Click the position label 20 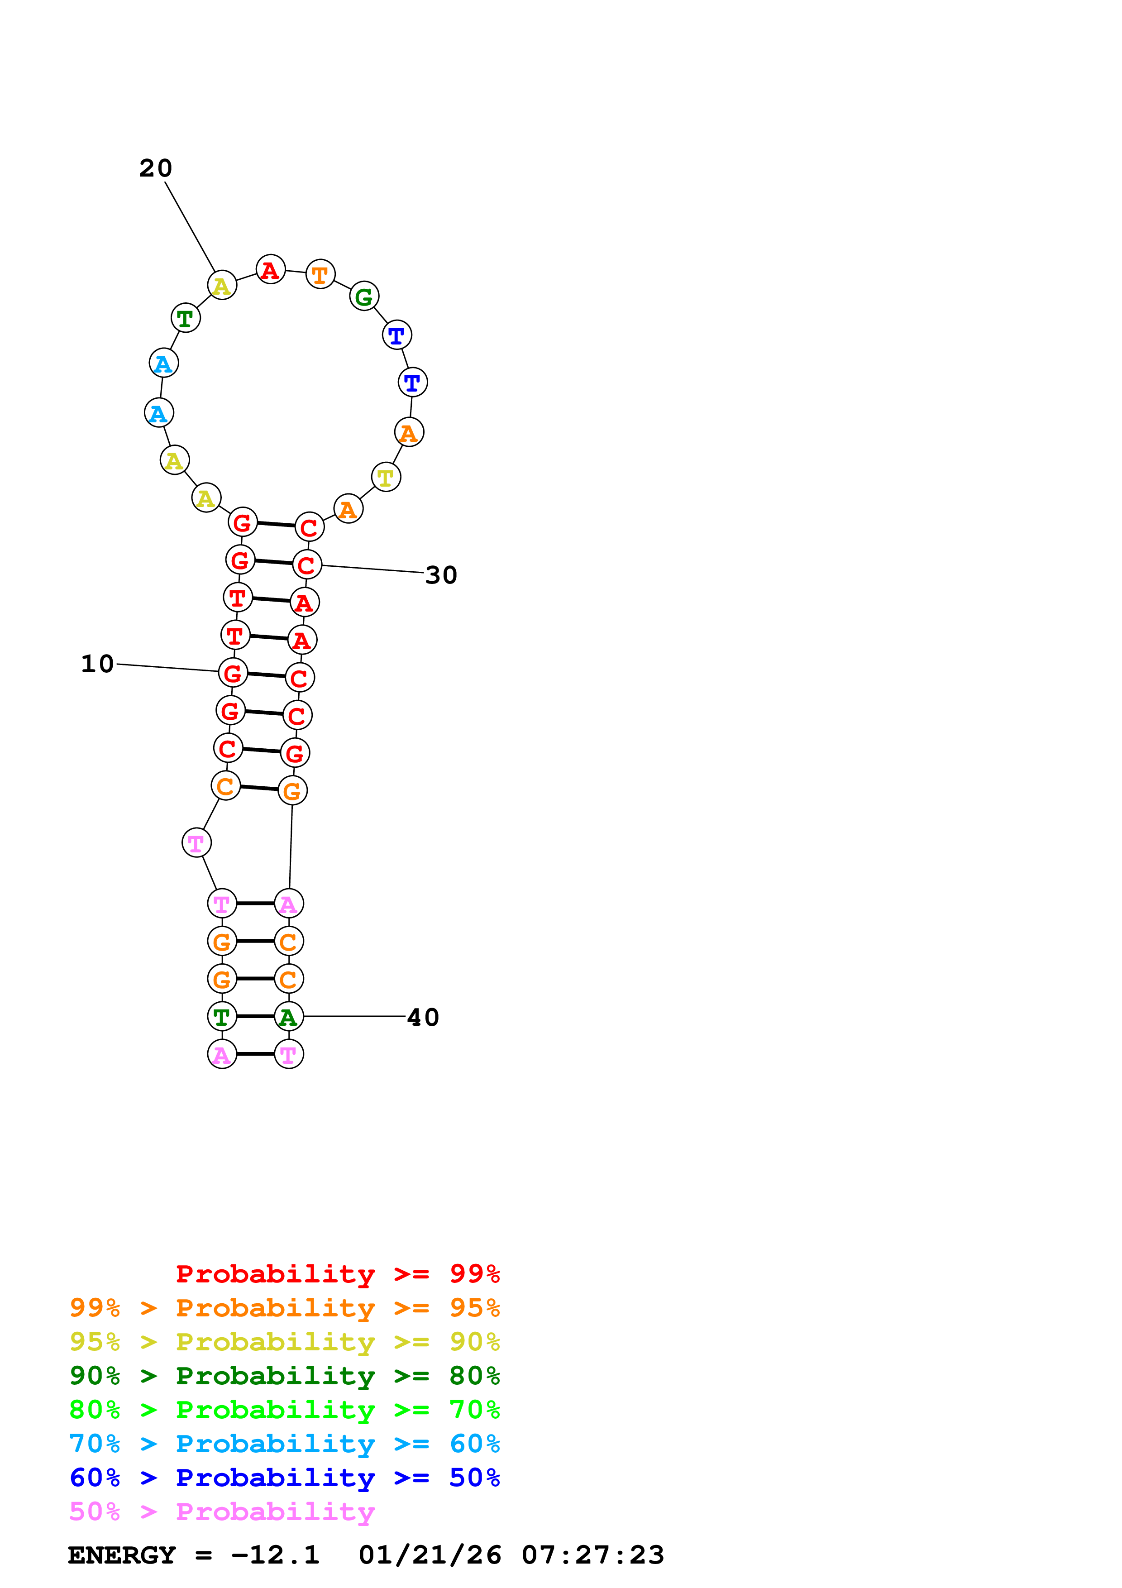click(x=156, y=168)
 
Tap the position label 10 click(x=97, y=664)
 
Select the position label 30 click(x=441, y=575)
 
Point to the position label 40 click(x=423, y=1018)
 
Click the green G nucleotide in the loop click(x=364, y=297)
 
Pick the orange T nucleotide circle click(x=320, y=275)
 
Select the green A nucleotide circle click(x=289, y=1017)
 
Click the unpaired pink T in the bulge click(x=196, y=843)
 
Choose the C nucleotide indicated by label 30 click(x=307, y=565)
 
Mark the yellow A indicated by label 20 click(x=222, y=285)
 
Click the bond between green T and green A click(x=255, y=1017)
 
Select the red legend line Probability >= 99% click(x=337, y=1274)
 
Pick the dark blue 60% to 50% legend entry click(x=284, y=1478)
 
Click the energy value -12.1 click(x=275, y=1555)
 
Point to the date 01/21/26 click(x=430, y=1555)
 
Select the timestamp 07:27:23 click(x=592, y=1555)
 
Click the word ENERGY click(x=122, y=1555)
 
